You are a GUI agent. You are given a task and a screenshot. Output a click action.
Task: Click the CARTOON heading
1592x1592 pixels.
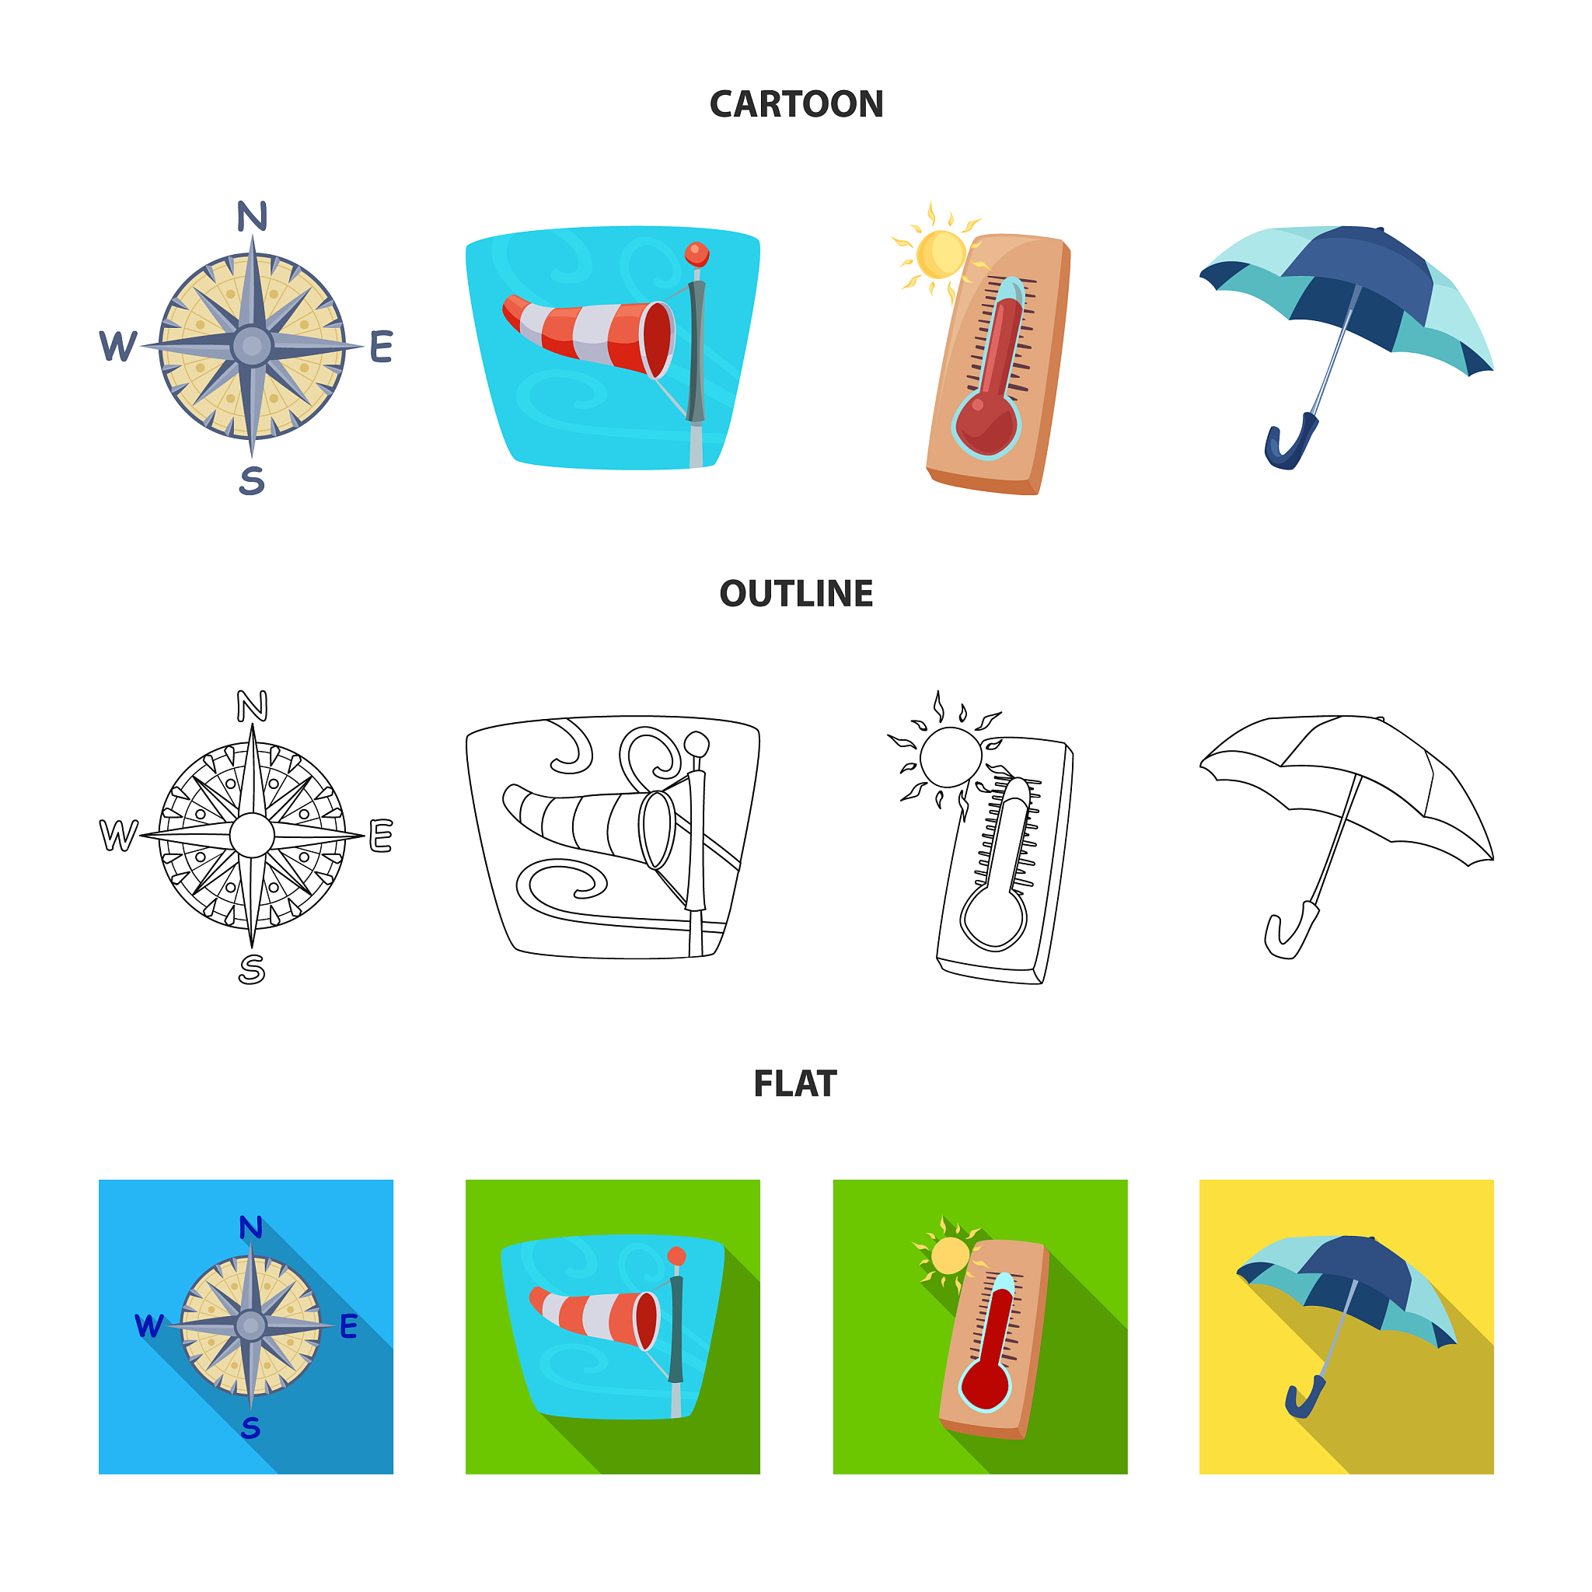pos(796,105)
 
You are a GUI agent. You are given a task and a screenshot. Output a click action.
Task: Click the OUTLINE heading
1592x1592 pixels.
pos(796,593)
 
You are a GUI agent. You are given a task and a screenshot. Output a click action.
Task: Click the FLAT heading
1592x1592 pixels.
pos(795,1084)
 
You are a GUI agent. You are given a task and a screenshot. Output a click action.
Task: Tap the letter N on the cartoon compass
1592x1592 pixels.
pos(252,216)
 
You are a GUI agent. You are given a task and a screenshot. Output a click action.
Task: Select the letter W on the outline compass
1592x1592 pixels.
pos(118,836)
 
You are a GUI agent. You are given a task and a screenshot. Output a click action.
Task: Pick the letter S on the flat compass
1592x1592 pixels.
pos(250,1427)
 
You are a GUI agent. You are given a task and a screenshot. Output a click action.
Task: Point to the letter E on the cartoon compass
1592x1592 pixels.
pos(381,347)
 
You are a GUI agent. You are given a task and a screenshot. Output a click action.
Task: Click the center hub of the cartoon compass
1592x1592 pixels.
pos(252,346)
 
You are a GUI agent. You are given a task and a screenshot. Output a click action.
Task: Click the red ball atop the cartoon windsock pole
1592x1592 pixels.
pos(697,253)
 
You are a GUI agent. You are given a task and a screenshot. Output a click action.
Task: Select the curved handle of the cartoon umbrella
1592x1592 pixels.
pos(1289,442)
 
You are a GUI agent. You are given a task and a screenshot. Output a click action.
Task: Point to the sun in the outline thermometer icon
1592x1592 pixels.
pos(950,756)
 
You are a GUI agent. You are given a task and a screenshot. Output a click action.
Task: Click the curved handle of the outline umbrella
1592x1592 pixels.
pos(1290,931)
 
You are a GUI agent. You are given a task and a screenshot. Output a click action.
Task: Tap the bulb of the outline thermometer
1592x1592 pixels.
pos(993,916)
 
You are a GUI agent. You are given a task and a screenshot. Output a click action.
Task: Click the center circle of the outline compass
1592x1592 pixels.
pos(252,836)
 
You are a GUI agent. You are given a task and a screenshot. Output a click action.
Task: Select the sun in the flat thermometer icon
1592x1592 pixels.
pos(949,1255)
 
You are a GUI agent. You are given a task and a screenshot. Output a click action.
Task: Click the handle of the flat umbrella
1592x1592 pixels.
pos(1305,1398)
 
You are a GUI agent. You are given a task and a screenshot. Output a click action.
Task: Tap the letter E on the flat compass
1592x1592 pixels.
pos(348,1326)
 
